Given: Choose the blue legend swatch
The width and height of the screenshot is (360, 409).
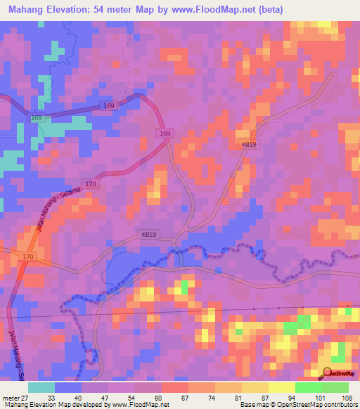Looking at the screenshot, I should pyautogui.click(x=68, y=387).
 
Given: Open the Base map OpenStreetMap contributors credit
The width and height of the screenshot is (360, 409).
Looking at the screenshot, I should pyautogui.click(x=299, y=405).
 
